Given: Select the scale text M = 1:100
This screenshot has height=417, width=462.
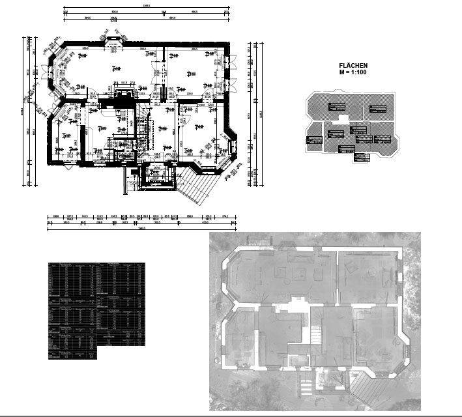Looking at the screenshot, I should [354, 72].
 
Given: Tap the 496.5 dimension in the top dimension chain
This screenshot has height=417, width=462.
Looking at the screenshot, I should [195, 12].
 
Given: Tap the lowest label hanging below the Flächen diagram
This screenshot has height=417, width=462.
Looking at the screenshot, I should [362, 156].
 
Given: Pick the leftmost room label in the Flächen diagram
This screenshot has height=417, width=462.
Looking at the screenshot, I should [315, 139].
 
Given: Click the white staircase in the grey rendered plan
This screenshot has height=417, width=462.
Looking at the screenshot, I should [315, 336].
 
